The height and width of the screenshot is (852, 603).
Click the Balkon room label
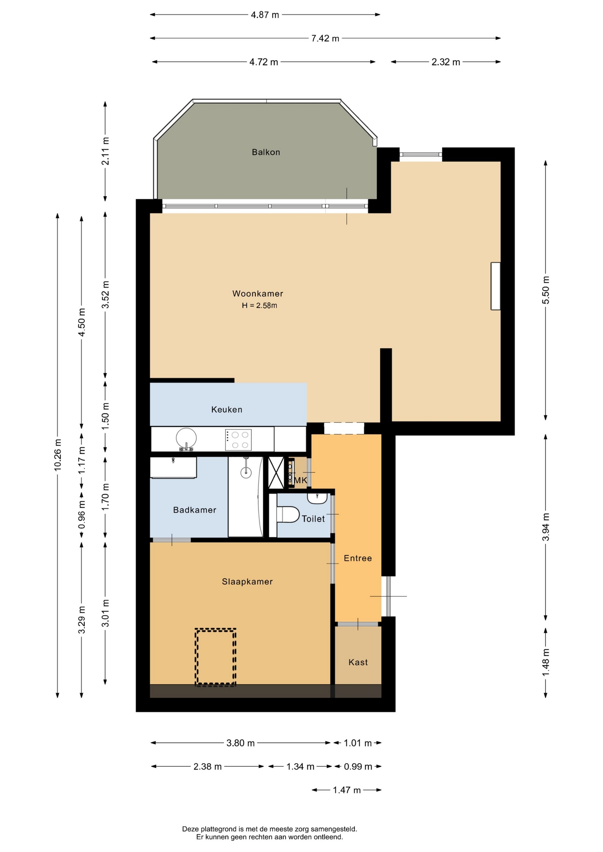click(266, 152)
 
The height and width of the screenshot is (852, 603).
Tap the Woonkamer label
click(258, 293)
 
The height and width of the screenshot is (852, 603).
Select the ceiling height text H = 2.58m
click(259, 305)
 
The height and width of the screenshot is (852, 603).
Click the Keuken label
click(226, 410)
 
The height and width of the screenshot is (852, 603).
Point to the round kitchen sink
click(186, 439)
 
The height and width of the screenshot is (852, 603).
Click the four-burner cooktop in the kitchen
click(238, 440)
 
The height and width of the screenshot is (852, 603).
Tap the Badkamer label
click(194, 510)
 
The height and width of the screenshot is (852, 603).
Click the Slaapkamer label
click(247, 582)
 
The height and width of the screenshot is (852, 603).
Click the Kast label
click(358, 662)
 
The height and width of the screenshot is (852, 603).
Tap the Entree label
click(357, 558)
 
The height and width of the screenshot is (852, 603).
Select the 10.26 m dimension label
click(58, 455)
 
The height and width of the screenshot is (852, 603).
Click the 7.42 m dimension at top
click(325, 38)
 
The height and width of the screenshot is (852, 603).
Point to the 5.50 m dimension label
click(546, 290)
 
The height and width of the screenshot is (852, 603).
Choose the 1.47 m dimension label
click(347, 790)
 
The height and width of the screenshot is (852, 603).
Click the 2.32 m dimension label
click(446, 62)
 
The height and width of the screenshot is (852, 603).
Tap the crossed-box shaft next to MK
click(276, 473)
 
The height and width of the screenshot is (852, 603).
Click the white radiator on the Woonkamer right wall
click(496, 286)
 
